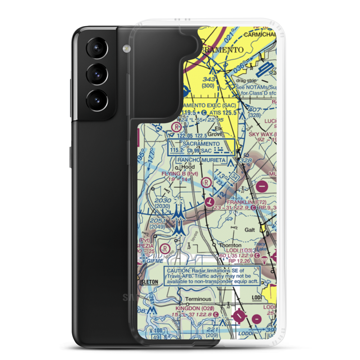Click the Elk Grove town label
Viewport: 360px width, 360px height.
(x=218, y=131)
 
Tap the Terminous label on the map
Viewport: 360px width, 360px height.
(x=198, y=299)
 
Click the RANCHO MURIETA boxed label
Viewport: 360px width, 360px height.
(x=201, y=160)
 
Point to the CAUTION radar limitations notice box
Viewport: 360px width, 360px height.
(x=212, y=276)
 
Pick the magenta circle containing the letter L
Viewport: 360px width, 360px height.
(x=209, y=202)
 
